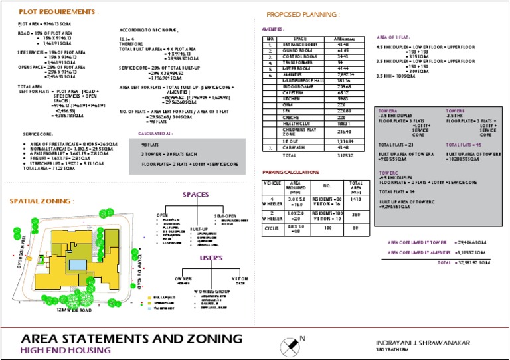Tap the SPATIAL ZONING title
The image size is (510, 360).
coord(42,201)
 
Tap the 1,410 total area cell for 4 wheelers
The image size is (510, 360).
coord(356,198)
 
